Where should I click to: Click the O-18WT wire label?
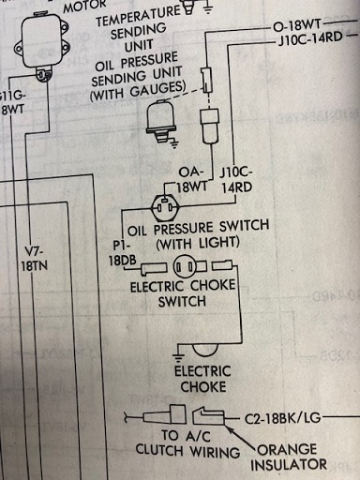297,25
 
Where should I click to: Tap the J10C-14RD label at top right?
310,38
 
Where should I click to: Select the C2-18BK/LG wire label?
282,418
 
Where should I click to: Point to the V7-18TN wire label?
35,259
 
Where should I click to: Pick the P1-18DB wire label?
123,253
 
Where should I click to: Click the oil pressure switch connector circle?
165,207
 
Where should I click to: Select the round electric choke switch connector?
185,267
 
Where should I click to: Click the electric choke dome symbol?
204,350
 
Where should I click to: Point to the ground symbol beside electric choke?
178,353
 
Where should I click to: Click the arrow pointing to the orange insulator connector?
243,439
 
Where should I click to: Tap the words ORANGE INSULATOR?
288,457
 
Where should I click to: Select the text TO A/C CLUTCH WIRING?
187,443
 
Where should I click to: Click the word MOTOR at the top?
85,6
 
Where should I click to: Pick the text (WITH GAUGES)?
139,91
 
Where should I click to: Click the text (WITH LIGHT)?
198,243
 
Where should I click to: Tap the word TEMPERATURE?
138,17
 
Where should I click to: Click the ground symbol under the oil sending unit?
173,143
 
